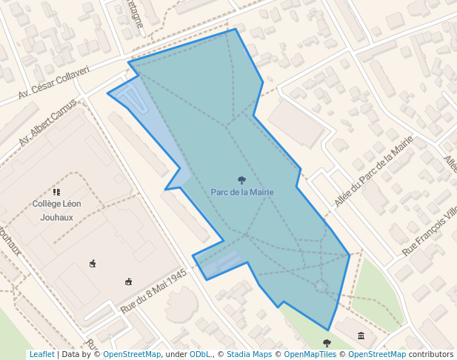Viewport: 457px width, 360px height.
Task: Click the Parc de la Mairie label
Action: point(242,192)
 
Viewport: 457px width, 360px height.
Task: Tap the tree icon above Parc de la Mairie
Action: point(241,180)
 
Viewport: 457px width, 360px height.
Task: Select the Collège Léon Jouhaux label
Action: point(57,210)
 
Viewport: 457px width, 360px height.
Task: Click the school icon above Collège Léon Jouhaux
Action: point(56,192)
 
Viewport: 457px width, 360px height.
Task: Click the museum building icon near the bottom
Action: point(361,336)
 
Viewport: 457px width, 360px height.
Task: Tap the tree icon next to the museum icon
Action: point(327,343)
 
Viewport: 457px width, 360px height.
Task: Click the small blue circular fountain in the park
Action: point(321,286)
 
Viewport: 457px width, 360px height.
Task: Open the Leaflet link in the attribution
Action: point(41,354)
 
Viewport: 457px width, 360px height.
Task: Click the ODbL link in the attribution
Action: point(200,354)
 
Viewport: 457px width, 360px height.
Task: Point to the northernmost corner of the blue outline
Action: point(236,30)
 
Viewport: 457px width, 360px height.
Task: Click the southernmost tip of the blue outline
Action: point(328,330)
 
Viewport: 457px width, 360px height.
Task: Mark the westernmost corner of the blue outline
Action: point(108,94)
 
